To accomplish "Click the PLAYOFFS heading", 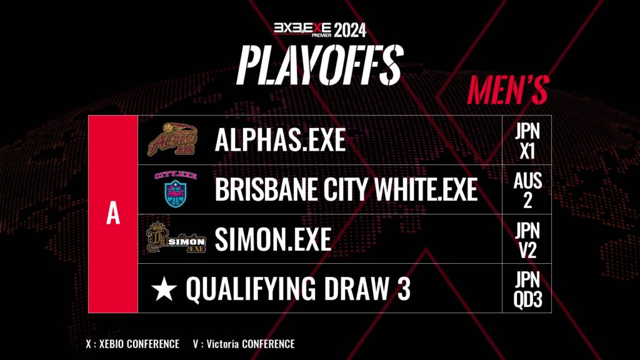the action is (320, 65).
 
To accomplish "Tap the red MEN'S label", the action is (507, 89).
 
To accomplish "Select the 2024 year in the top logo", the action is (350, 31).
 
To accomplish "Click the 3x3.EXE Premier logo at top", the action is (302, 30).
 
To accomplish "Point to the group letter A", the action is (113, 214).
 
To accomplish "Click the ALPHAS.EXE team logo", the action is (172, 139).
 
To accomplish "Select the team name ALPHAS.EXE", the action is (280, 140).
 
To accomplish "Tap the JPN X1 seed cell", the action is (527, 141).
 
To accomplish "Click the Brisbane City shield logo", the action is (176, 189).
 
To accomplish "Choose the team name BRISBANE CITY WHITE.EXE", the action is (346, 189).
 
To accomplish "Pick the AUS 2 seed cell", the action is (527, 190).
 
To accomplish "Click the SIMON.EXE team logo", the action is (176, 238).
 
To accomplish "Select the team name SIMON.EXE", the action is (272, 239).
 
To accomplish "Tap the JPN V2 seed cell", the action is (527, 239).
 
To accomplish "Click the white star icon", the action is (164, 288).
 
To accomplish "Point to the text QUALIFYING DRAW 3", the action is (298, 289).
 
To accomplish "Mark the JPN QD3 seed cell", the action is (527, 289).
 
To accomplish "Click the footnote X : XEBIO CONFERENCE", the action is (132, 344).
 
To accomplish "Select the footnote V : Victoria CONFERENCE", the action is (244, 344).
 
